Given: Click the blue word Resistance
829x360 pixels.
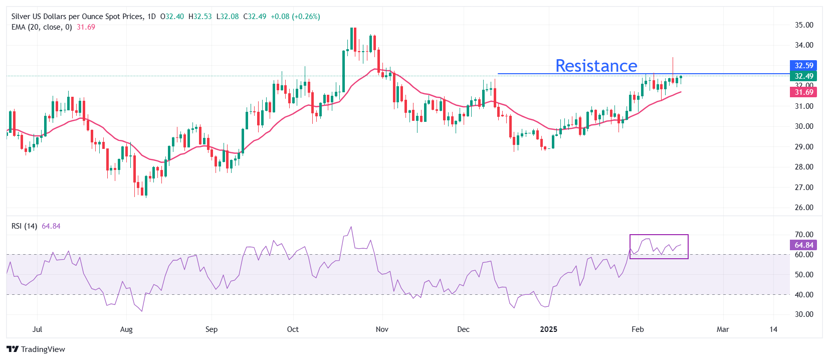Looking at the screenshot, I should click(596, 66).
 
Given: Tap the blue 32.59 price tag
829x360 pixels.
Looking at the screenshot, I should click(803, 66).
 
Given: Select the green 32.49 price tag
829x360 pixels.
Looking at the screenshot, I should click(803, 76).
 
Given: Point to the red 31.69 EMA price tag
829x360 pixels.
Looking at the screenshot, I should click(803, 92).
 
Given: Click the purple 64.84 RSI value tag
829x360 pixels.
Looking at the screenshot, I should click(803, 245).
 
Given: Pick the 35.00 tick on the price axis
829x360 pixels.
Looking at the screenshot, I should click(804, 25).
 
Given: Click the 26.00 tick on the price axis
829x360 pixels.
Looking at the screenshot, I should click(804, 208).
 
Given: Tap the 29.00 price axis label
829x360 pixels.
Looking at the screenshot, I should click(804, 147).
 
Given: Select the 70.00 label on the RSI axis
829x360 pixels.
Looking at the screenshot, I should click(804, 235).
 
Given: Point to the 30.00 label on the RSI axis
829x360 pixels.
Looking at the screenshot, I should click(804, 314).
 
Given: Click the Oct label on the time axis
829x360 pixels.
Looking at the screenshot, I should click(293, 329).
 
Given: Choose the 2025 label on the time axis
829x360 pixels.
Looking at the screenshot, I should click(548, 329).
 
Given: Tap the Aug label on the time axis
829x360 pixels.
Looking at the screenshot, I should click(126, 329).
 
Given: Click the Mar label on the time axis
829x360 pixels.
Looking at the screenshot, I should click(722, 329).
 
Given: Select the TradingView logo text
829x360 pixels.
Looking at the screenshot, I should click(43, 349).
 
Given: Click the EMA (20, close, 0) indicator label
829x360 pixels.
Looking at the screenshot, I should click(42, 27).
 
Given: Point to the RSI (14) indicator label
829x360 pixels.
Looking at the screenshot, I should click(24, 226).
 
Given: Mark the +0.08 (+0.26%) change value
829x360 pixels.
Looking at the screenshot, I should click(295, 17).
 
